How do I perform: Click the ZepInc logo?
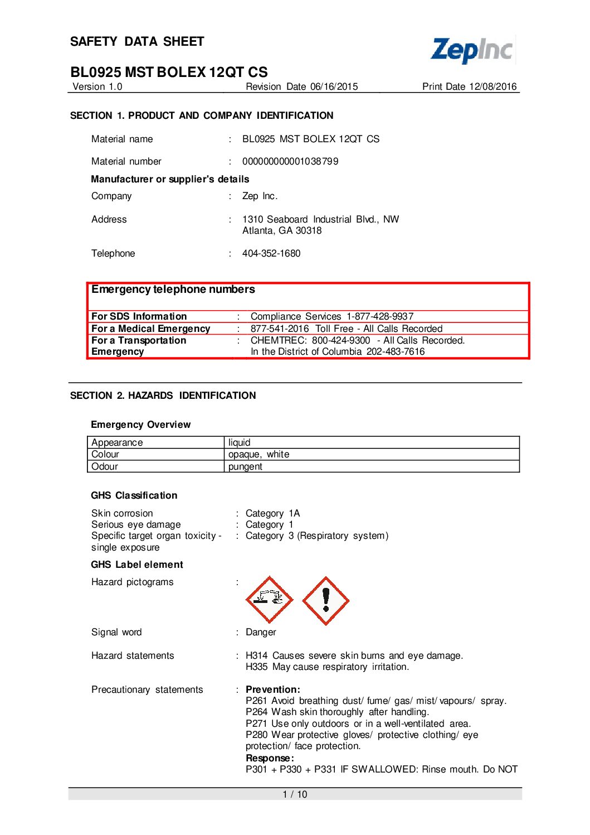pyautogui.click(x=472, y=50)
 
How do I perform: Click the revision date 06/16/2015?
pyautogui.click(x=334, y=86)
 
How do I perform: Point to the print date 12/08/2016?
pyautogui.click(x=493, y=86)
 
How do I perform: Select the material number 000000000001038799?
pyautogui.click(x=290, y=161)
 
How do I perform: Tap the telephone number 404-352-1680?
pyautogui.click(x=271, y=253)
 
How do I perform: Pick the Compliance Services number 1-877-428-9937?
pyautogui.click(x=380, y=316)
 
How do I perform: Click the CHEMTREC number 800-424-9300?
pyautogui.click(x=341, y=340)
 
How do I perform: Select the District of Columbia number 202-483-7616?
pyautogui.click(x=396, y=351)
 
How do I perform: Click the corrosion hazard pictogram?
pyautogui.click(x=270, y=600)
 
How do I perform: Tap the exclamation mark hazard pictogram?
pyautogui.click(x=326, y=600)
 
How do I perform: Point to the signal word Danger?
pyautogui.click(x=261, y=632)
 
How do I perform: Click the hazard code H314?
pyautogui.click(x=256, y=655)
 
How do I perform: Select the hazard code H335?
pyautogui.click(x=256, y=667)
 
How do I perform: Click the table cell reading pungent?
pyautogui.click(x=245, y=466)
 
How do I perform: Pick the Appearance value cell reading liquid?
pyautogui.click(x=240, y=442)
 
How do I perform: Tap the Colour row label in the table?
pyautogui.click(x=105, y=454)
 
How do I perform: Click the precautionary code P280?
pyautogui.click(x=256, y=735)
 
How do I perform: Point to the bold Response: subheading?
pyautogui.click(x=270, y=758)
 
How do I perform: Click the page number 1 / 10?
pyautogui.click(x=295, y=794)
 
